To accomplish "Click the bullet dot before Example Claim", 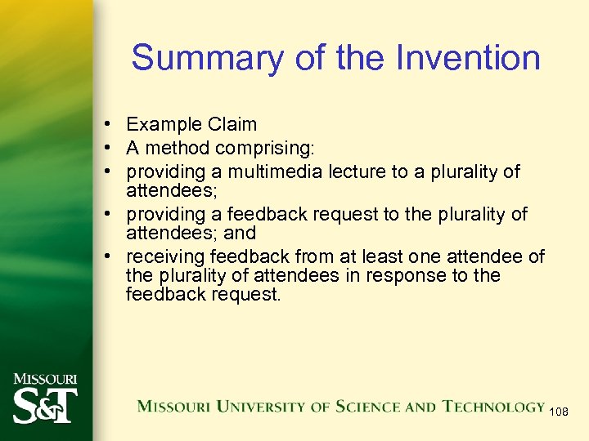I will click(x=108, y=125).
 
